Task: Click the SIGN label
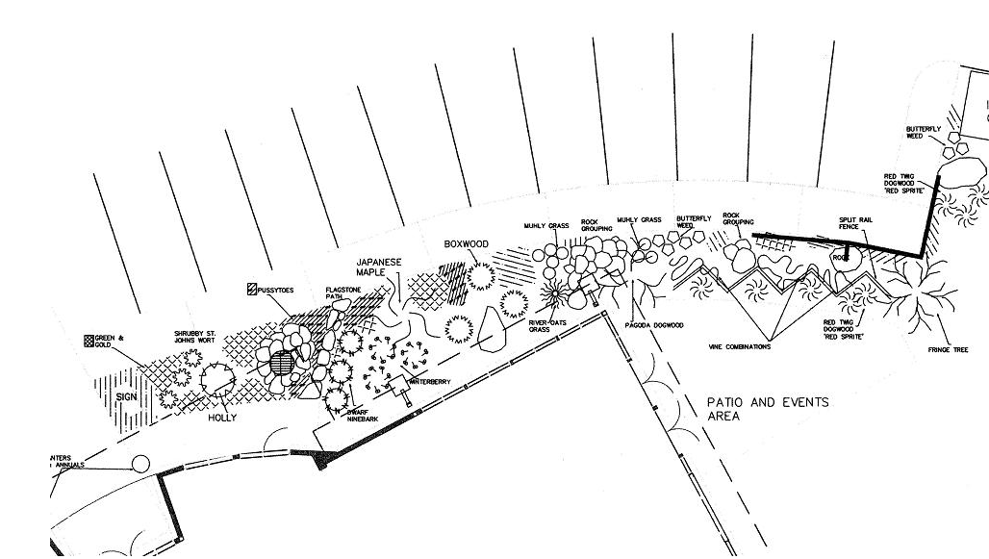127,396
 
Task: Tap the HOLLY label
222,418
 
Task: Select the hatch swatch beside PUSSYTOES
252,289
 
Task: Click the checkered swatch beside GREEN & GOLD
89,341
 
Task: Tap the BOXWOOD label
467,244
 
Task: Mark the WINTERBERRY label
430,382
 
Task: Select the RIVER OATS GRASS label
545,326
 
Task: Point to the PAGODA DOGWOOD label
654,325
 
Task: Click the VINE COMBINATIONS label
739,346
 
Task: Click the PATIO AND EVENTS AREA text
767,409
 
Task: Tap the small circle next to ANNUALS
140,465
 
